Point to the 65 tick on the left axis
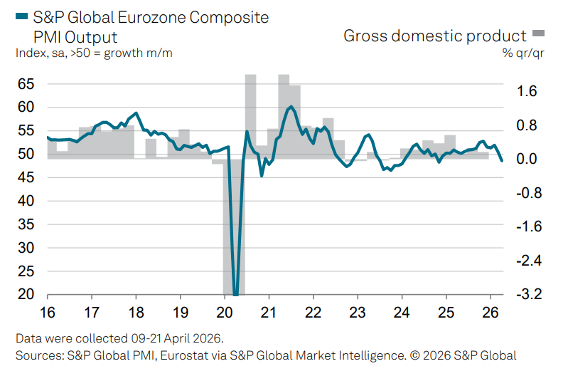(26, 84)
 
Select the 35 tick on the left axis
(26, 224)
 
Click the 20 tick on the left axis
(26, 294)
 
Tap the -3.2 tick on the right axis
(525, 294)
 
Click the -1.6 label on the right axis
(525, 226)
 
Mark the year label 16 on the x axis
(47, 312)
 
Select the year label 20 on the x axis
(224, 312)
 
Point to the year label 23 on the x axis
(357, 312)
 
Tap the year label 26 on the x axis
(489, 312)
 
